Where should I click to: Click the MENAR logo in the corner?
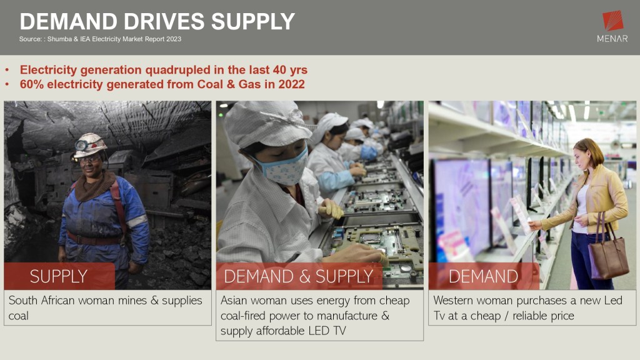[x=612, y=26]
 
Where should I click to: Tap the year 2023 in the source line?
[x=174, y=39]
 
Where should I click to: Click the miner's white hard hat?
[x=89, y=145]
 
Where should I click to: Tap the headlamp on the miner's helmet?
[x=81, y=145]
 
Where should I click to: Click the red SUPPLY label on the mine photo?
[x=59, y=276]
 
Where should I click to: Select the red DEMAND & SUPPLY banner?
[x=299, y=276]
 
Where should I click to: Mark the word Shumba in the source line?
[x=59, y=39]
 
